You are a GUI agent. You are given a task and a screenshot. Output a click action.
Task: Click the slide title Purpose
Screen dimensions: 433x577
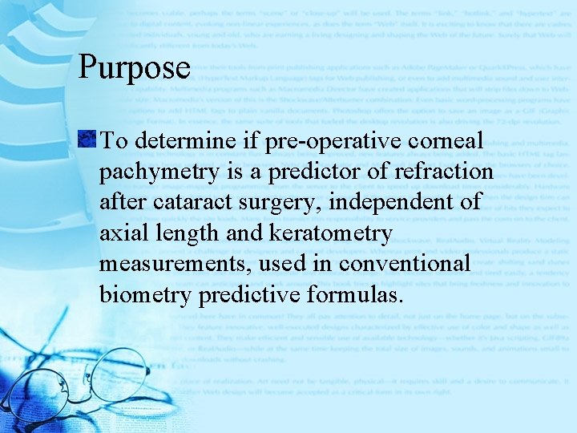[134, 67]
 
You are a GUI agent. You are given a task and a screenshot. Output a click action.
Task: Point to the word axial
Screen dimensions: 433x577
[125, 233]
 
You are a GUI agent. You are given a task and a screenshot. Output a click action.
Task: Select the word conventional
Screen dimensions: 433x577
[404, 264]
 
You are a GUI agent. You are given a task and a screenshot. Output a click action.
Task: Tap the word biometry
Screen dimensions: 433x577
[144, 294]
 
